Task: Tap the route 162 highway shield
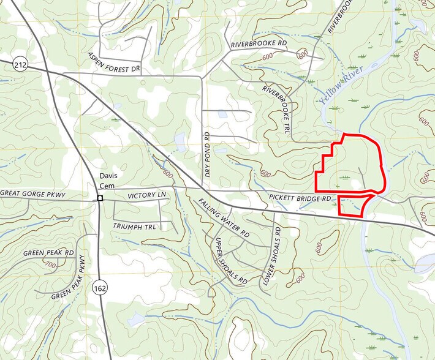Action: coord(99,286)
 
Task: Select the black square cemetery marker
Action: coord(100,198)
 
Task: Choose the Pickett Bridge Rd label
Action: coord(300,198)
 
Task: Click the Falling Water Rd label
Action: coord(224,217)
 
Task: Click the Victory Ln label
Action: coord(147,195)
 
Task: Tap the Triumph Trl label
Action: coord(135,226)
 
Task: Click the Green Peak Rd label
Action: coord(48,253)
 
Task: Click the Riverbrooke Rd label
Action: coord(259,45)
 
